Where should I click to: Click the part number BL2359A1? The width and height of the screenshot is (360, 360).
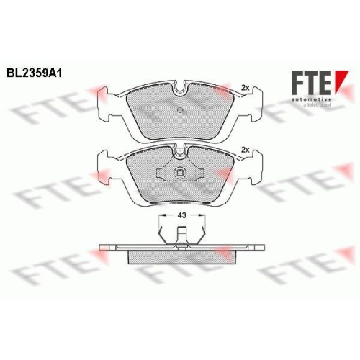34,73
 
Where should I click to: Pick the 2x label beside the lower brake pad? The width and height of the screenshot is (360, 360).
246,149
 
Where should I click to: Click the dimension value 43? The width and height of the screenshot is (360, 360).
181,215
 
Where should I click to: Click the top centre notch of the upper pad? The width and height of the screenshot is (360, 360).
180,89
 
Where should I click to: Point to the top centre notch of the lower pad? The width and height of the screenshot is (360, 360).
180,150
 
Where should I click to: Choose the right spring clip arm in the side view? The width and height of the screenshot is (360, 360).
202,234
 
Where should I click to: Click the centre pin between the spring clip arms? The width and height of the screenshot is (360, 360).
183,235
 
